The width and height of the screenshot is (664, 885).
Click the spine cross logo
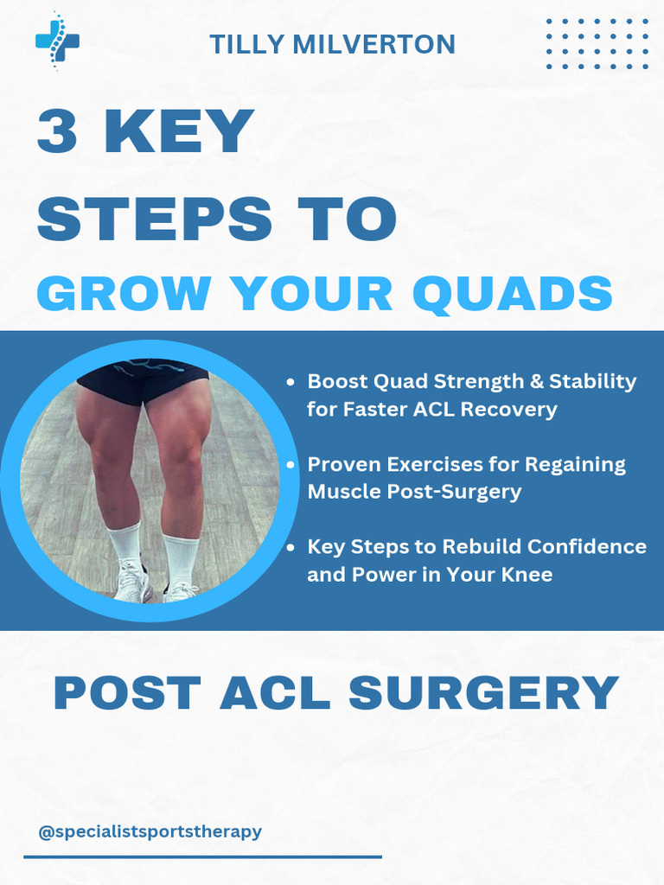coord(57,41)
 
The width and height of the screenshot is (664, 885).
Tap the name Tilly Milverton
coord(332,44)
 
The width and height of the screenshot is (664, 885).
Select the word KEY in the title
coord(179,132)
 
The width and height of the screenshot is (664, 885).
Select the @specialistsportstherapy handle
coord(150,832)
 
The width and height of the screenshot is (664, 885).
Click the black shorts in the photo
coord(144,381)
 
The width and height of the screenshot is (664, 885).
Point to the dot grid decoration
coord(597,43)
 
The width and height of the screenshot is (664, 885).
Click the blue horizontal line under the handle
coord(202,856)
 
